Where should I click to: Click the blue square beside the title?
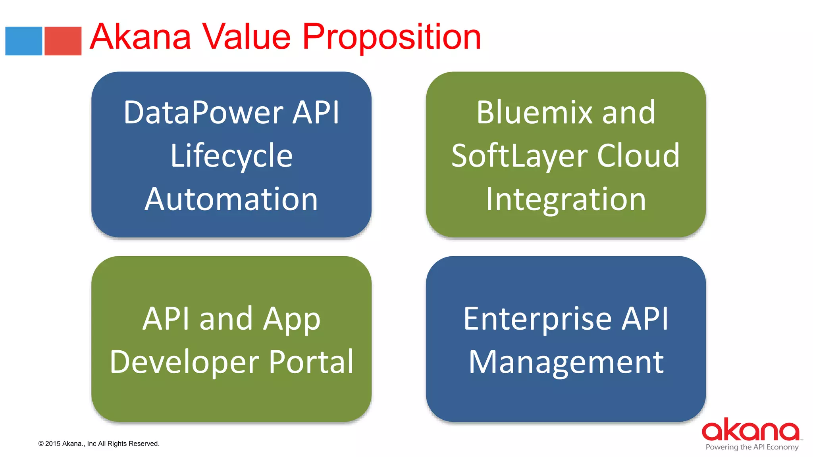[23, 41]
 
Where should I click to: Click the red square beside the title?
[63, 41]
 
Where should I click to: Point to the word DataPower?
[202, 113]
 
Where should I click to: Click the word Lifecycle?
[231, 156]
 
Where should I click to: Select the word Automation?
[231, 199]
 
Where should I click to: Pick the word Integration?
[566, 199]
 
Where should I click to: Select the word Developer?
[184, 362]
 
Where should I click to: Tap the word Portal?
[311, 362]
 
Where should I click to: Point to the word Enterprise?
[538, 319]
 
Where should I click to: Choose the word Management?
[566, 362]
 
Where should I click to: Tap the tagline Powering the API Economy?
[752, 447]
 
